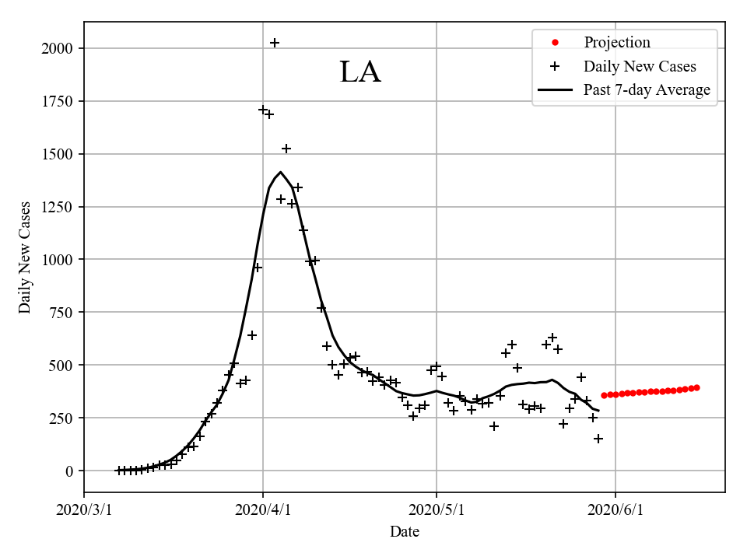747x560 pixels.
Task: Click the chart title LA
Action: point(360,72)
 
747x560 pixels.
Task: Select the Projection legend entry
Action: point(616,42)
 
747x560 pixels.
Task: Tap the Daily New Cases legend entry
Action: point(640,66)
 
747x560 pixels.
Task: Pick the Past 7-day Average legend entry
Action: point(647,90)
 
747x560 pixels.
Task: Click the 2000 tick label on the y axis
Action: point(58,48)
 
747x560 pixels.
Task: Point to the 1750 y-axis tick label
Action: point(58,101)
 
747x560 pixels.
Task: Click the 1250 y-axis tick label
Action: point(58,207)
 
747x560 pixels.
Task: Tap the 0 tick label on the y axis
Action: point(70,471)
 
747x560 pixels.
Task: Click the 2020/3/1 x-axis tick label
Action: point(84,510)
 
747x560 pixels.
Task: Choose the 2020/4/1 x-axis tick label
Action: point(263,510)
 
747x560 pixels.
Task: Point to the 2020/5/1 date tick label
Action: point(437,510)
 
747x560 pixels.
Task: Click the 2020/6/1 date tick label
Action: point(615,510)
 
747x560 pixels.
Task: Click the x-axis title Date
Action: point(405,532)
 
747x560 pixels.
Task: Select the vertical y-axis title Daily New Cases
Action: point(26,257)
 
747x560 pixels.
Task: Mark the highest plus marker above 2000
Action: point(275,43)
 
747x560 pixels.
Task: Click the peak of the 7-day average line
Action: point(280,173)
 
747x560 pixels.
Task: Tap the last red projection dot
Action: point(696,387)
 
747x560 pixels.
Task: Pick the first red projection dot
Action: point(604,395)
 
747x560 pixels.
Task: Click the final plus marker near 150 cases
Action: point(598,439)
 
